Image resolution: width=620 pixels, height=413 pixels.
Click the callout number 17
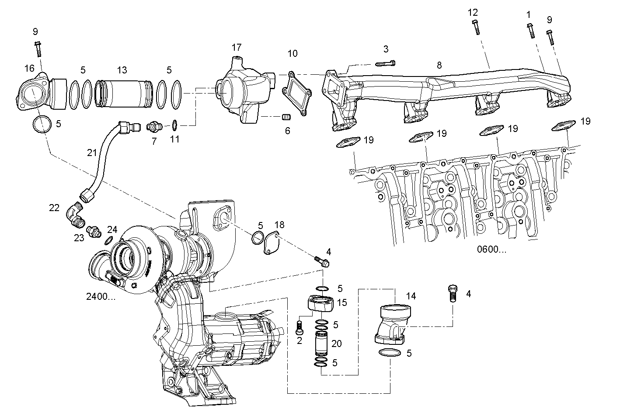coord(237,47)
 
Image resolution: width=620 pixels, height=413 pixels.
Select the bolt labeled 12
coord(476,27)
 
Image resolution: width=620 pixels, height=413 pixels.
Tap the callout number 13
coord(122,70)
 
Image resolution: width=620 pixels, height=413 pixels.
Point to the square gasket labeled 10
coord(296,94)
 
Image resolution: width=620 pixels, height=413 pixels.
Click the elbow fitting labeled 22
coord(74,215)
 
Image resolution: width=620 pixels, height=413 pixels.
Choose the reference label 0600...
coord(491,250)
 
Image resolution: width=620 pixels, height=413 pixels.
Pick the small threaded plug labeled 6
coord(287,117)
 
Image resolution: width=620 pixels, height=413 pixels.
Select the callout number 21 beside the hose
coord(91,153)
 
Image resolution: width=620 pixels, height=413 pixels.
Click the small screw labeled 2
coord(300,326)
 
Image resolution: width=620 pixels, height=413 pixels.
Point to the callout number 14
coord(411,296)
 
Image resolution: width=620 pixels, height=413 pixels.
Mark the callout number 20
coord(336,344)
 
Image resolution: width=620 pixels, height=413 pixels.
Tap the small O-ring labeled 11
coord(174,125)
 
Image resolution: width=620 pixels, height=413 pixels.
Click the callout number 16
coord(29,68)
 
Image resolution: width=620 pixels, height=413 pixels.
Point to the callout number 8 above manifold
coord(439,65)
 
